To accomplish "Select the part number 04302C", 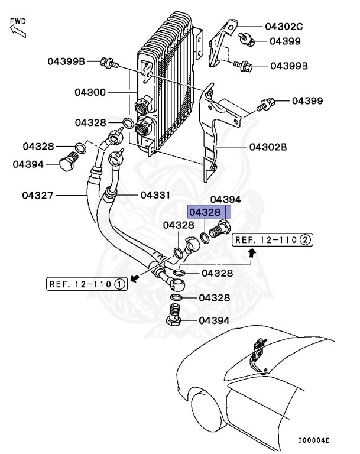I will (x=283, y=27).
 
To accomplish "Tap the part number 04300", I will (x=90, y=92).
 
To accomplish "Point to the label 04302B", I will (x=268, y=147).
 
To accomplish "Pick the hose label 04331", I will (x=155, y=194).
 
